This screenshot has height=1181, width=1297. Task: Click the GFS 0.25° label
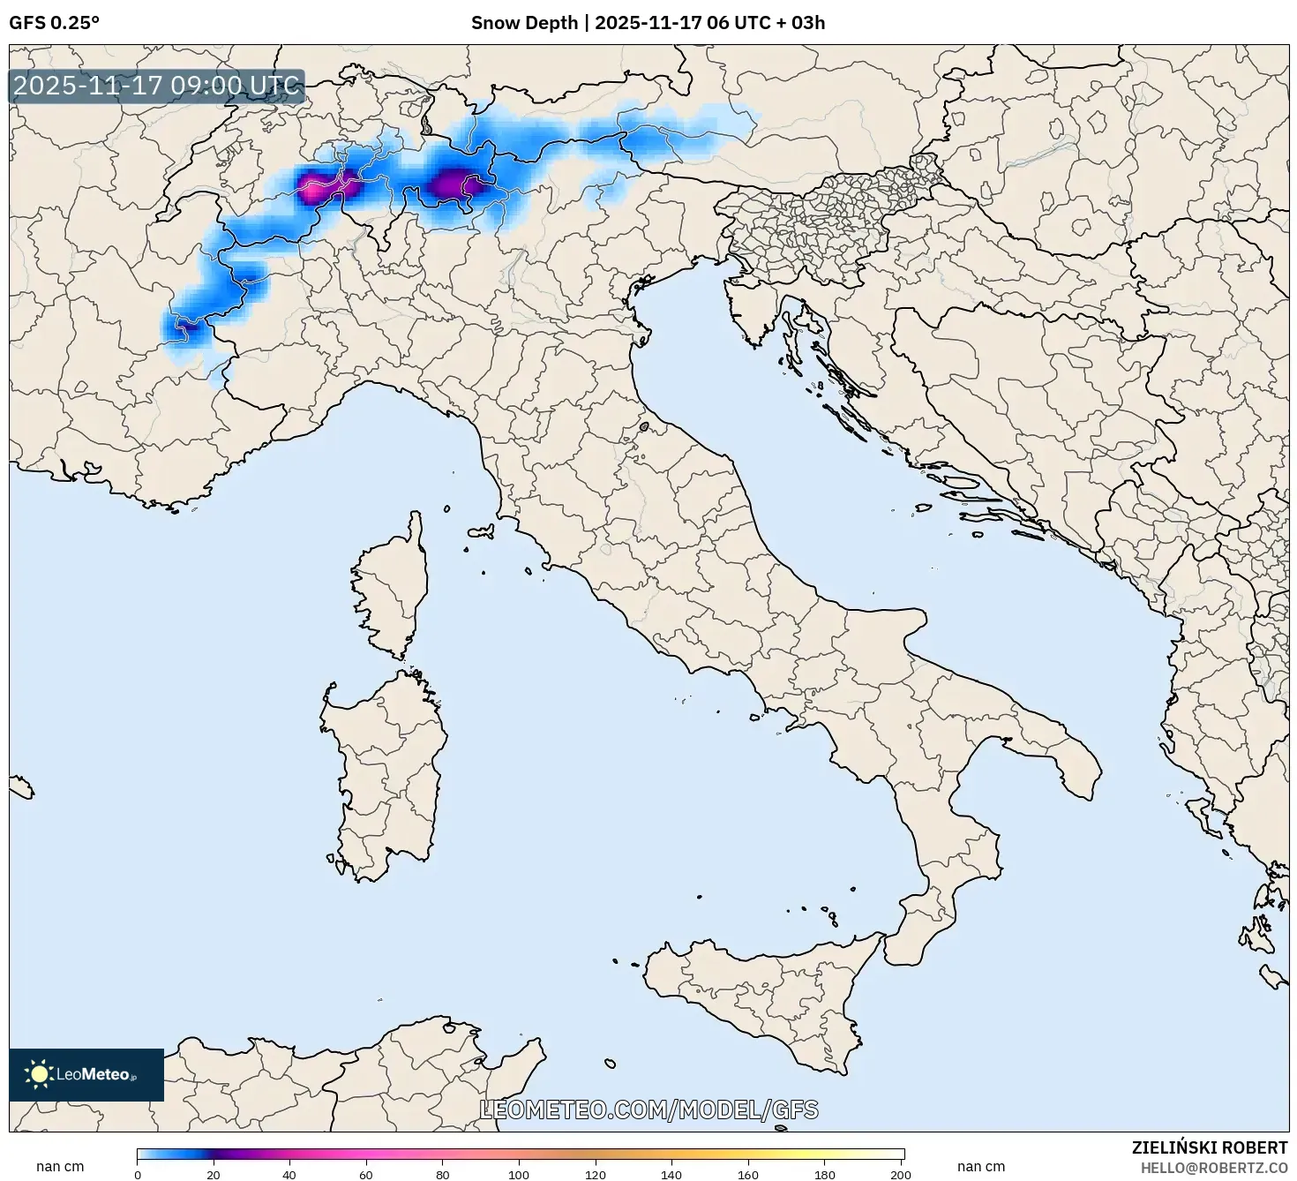[x=54, y=23]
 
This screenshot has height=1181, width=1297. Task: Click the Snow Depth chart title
[x=648, y=23]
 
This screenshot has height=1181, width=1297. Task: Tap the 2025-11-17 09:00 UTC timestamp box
[x=157, y=87]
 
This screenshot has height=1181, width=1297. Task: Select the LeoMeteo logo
[x=86, y=1074]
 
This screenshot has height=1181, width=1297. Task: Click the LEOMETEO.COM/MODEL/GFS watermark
[x=648, y=1110]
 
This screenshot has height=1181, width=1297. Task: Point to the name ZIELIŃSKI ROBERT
[x=1209, y=1147]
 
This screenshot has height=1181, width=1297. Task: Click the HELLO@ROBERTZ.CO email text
[x=1213, y=1167]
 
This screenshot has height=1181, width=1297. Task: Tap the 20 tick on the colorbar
[x=214, y=1175]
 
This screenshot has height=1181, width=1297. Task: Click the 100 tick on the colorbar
[x=519, y=1175]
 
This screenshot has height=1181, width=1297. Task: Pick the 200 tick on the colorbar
[x=900, y=1175]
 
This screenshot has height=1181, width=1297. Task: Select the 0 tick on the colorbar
[x=138, y=1175]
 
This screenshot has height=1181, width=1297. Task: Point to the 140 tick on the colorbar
[x=671, y=1175]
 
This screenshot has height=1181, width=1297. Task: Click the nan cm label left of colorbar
[x=60, y=1167]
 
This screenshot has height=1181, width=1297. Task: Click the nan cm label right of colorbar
[x=980, y=1167]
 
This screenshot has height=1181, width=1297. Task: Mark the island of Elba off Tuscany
[x=482, y=532]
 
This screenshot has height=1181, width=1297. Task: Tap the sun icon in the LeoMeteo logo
[x=39, y=1074]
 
